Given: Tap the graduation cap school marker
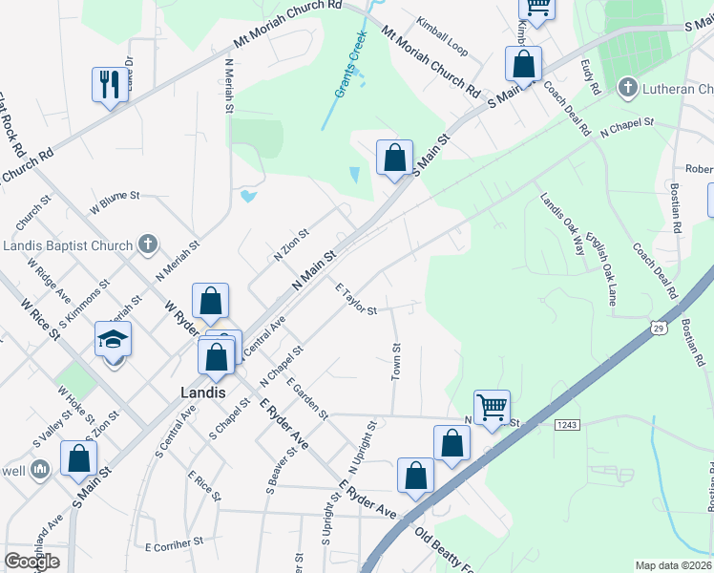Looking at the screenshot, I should (x=113, y=339).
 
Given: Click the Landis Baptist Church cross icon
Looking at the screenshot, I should (x=147, y=245).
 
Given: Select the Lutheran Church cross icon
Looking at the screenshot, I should (x=627, y=89).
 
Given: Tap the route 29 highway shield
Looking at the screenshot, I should (x=660, y=329).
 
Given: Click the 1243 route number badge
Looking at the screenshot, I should (x=565, y=424).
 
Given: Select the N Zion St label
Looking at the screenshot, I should (x=291, y=245).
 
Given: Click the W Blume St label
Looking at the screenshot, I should (x=115, y=202).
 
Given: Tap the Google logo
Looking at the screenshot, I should (x=31, y=562).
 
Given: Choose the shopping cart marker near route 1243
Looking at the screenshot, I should (x=492, y=408).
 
